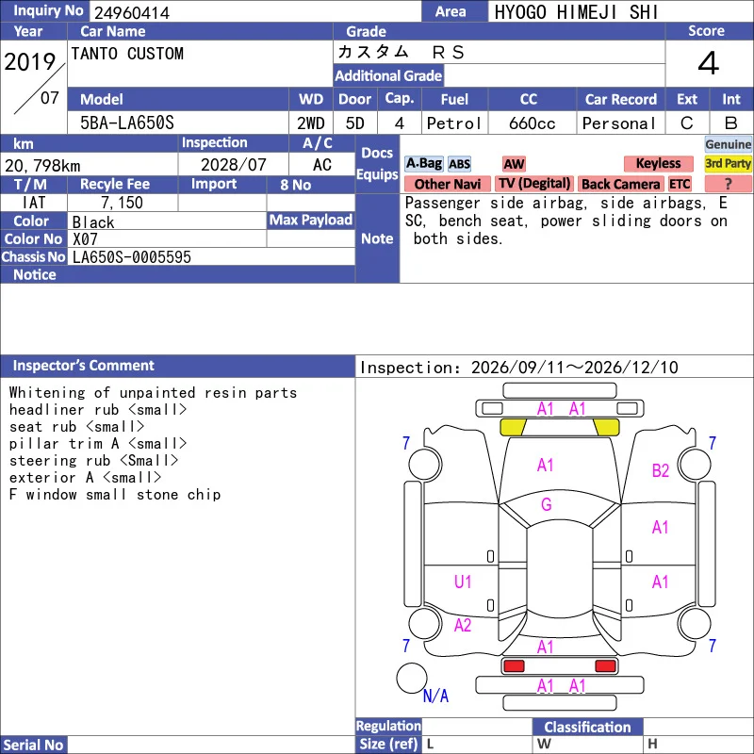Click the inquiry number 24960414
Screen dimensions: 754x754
[132, 12]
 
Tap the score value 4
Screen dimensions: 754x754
[709, 63]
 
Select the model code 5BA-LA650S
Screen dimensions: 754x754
[127, 123]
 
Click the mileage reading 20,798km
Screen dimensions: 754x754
[42, 166]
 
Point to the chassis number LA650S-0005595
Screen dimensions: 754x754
[132, 257]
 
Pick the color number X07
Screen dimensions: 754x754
[85, 239]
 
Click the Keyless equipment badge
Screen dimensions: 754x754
[658, 163]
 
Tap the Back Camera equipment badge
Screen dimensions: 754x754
[620, 184]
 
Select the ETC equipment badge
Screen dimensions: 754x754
[680, 184]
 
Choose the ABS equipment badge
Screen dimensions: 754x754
[459, 164]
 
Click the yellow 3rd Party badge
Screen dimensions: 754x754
[728, 163]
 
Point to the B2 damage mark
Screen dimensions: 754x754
[661, 470]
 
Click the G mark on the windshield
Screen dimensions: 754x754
[547, 504]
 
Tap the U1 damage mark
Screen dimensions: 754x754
[463, 582]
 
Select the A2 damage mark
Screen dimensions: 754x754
[463, 625]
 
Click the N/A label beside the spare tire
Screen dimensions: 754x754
[435, 696]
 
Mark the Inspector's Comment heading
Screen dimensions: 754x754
[84, 366]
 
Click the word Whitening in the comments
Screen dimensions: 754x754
[47, 393]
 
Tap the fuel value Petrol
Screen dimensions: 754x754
[453, 123]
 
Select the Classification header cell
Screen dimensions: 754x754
[587, 727]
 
